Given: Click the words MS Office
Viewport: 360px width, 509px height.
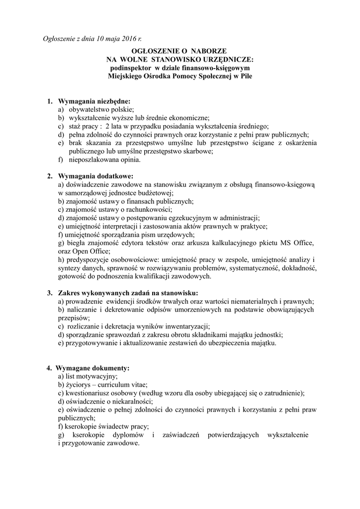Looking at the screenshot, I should (300, 243).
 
